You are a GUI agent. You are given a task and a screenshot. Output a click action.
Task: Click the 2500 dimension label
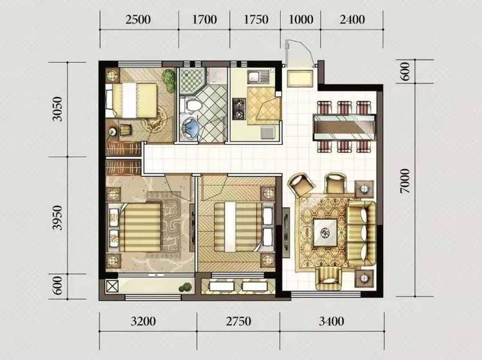[138, 20]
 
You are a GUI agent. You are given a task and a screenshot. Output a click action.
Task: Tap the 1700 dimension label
[204, 20]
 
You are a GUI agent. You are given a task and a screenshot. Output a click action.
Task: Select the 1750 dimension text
[256, 20]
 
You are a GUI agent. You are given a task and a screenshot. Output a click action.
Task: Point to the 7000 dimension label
[405, 181]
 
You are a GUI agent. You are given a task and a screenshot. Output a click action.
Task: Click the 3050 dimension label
[57, 109]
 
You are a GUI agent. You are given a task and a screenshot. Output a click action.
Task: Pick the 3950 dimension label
[57, 218]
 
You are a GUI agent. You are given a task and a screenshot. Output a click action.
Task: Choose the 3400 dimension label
[331, 321]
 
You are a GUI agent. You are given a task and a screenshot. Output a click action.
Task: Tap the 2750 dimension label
[238, 321]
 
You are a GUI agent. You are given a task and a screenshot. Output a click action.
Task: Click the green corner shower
[192, 80]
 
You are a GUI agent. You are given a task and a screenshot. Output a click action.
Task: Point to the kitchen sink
[258, 77]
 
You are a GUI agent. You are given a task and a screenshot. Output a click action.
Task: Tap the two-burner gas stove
[239, 109]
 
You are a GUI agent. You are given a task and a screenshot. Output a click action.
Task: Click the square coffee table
[325, 233]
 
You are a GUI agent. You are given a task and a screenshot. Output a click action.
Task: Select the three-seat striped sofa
[362, 233]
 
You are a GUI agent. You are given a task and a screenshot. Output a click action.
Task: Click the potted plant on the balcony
[185, 287]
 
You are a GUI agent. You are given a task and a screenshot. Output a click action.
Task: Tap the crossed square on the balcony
[112, 286]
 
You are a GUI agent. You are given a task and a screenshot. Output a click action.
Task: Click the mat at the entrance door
[300, 79]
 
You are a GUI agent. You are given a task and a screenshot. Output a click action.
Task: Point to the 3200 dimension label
[143, 321]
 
